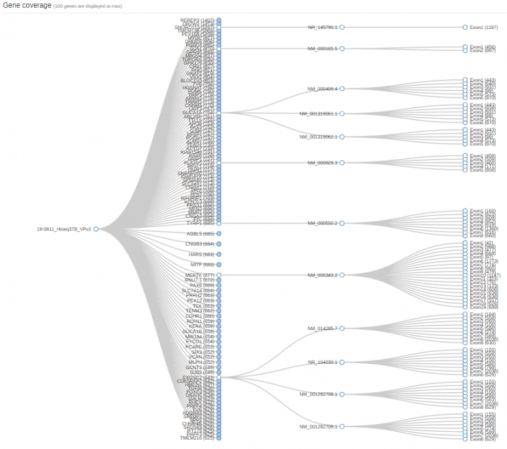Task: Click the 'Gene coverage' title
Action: tap(26, 5)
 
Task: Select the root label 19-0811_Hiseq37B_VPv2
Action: tap(64, 229)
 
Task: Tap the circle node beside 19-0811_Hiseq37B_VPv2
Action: tap(96, 229)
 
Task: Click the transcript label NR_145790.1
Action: tap(322, 28)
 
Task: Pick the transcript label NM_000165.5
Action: tap(322, 49)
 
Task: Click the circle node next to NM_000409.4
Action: tap(342, 88)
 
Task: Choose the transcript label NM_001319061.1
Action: tap(318, 114)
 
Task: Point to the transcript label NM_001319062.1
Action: tap(318, 137)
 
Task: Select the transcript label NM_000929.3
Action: tap(322, 162)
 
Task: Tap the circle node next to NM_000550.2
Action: tap(342, 223)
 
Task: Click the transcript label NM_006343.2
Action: tap(322, 275)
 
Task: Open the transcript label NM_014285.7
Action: tap(322, 328)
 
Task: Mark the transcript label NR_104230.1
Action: tap(322, 363)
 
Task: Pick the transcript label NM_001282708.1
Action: tap(318, 394)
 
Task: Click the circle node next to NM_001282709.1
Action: tap(342, 427)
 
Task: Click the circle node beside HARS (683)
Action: tap(219, 254)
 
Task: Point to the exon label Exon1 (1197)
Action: tap(483, 28)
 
